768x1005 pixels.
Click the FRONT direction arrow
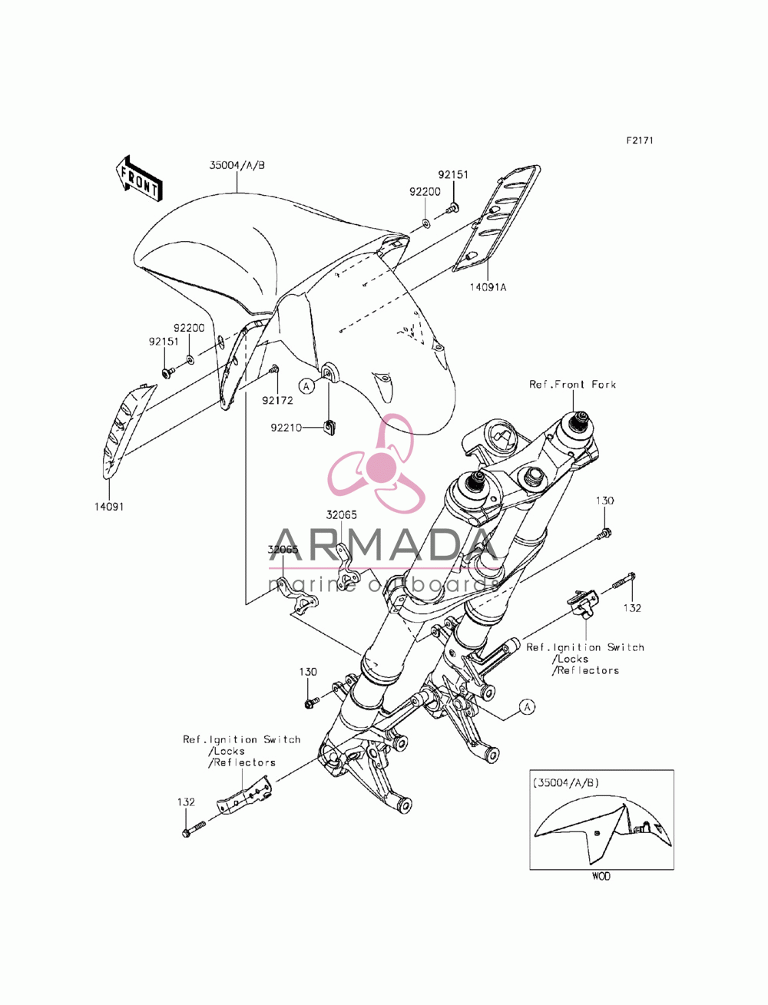138,178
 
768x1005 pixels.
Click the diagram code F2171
639,141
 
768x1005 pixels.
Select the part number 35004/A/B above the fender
237,165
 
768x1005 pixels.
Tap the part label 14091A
487,288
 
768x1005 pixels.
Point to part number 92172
277,400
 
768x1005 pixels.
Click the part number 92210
286,428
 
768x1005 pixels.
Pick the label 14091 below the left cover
109,507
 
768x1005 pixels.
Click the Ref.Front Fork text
572,385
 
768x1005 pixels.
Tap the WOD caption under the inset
601,876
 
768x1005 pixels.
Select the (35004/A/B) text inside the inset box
565,783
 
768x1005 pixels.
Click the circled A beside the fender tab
306,386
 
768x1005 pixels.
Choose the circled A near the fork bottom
527,707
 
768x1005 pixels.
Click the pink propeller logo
376,464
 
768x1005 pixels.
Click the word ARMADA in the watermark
384,544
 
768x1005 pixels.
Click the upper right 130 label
604,501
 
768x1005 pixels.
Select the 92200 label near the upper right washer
425,191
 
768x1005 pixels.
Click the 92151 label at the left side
164,342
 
